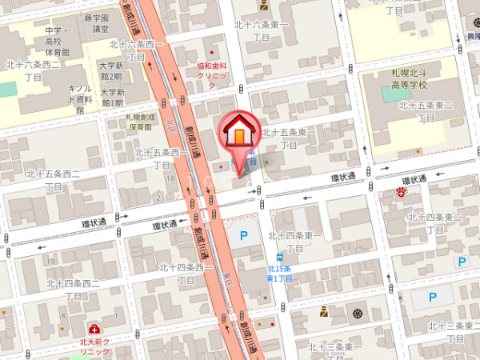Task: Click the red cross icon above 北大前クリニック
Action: pos(95,330)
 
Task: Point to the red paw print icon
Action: pos(402,192)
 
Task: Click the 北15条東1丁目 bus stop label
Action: pos(279,272)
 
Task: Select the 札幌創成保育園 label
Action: pos(140,121)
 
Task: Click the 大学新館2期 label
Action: pos(110,70)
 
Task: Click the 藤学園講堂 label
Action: pos(98,22)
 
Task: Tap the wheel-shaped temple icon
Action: pos(357,311)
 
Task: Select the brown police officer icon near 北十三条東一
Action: pos(323,312)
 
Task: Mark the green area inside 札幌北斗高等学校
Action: pos(396,94)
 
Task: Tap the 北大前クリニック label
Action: pos(94,346)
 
